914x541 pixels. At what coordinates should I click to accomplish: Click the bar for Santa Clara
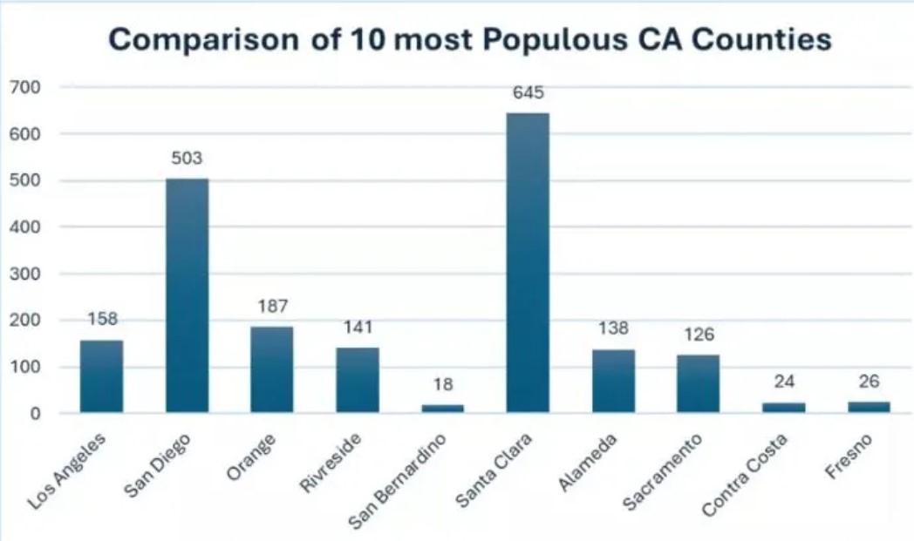pyautogui.click(x=528, y=261)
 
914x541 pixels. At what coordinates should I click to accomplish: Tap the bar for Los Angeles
pyautogui.click(x=102, y=375)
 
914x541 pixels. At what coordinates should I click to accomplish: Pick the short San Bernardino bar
pyautogui.click(x=443, y=408)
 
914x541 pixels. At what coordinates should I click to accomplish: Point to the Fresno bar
pyautogui.click(x=870, y=406)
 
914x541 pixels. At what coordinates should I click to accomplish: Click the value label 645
pyautogui.click(x=528, y=93)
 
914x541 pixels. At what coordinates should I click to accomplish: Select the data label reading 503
pyautogui.click(x=188, y=159)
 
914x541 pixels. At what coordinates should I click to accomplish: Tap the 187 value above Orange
pyautogui.click(x=272, y=307)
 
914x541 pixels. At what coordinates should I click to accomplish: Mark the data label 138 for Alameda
pyautogui.click(x=613, y=329)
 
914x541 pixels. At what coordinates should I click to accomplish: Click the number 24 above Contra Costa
pyautogui.click(x=784, y=382)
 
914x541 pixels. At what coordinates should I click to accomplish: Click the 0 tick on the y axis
pyautogui.click(x=37, y=413)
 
